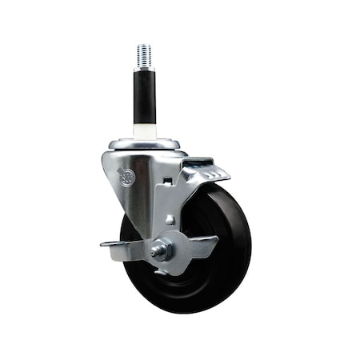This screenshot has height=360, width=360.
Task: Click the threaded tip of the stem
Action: coord(144,56)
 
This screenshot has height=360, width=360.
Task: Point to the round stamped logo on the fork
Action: coord(127,176)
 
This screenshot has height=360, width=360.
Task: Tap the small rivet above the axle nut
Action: coord(170,219)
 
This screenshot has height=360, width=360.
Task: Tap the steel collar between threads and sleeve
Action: coord(144,70)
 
